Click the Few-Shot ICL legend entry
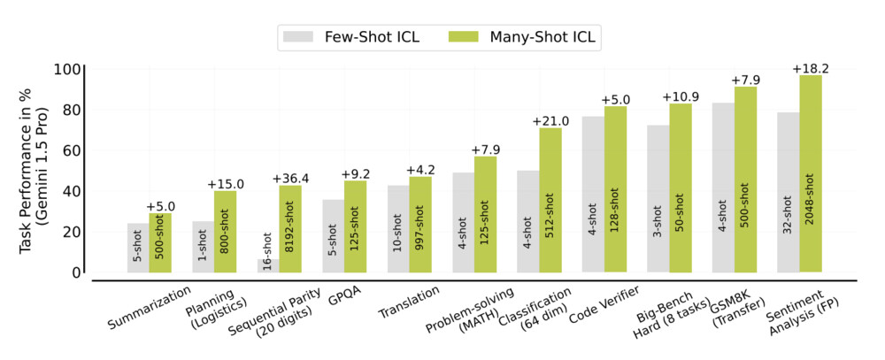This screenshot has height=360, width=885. click(x=350, y=36)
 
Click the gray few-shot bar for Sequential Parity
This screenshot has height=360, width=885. click(x=268, y=265)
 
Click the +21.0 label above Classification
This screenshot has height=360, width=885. click(x=550, y=120)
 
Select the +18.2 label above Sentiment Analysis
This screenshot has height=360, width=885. click(x=810, y=68)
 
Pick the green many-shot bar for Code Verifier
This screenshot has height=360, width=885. click(x=616, y=189)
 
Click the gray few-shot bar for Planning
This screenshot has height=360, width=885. click(x=204, y=247)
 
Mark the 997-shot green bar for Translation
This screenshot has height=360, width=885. click(x=420, y=225)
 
